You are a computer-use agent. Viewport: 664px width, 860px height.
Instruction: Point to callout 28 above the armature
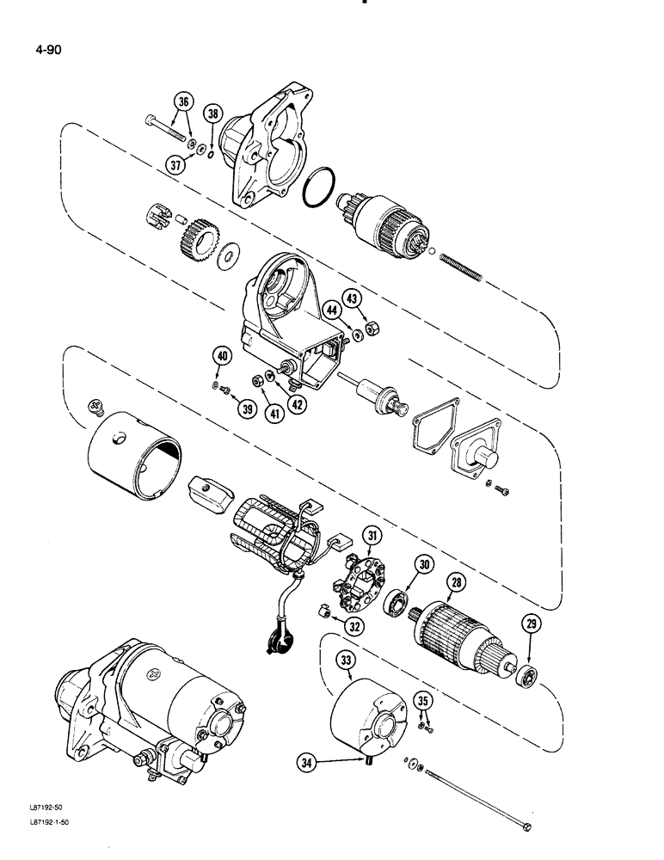point(455,583)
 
